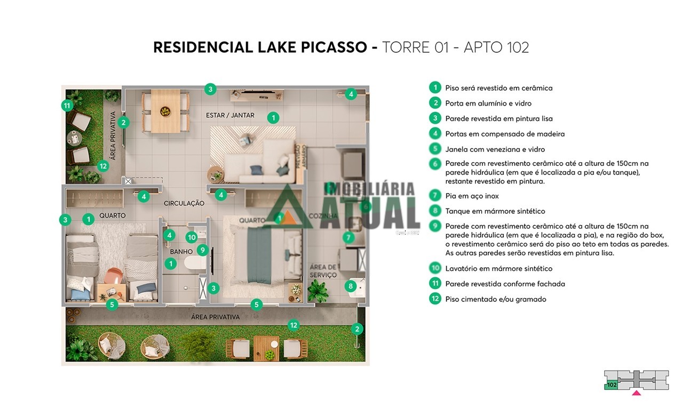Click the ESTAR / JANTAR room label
(x=230, y=115)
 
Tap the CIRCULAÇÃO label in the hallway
(x=184, y=203)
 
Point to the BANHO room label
(x=181, y=252)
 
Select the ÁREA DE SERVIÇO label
(x=323, y=271)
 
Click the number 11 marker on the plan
(x=67, y=106)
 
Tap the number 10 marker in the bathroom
(x=192, y=237)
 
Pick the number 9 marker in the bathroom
(x=202, y=250)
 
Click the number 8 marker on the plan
(x=351, y=286)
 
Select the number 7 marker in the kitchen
(x=348, y=237)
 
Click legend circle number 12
(x=435, y=299)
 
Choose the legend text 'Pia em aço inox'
(x=472, y=196)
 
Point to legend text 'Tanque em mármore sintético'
(x=495, y=211)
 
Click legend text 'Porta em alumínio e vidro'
(x=488, y=103)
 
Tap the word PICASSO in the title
(x=334, y=47)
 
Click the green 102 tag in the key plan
(x=612, y=384)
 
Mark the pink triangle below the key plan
(x=636, y=393)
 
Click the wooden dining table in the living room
(x=165, y=111)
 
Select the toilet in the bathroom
(x=195, y=263)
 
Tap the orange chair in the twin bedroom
(x=113, y=276)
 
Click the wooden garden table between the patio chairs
(x=266, y=348)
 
